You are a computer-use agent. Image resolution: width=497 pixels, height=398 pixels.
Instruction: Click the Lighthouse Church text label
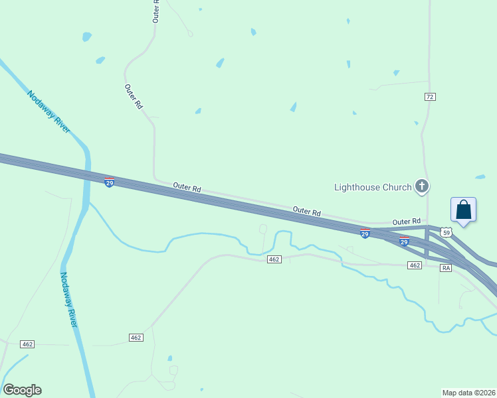[x=373, y=187]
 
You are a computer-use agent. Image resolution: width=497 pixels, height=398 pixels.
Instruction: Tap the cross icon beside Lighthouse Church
[x=421, y=187]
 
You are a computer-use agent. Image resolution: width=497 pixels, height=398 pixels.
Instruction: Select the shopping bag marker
[x=463, y=210]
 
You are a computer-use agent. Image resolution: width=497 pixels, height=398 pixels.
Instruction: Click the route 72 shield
[x=430, y=97]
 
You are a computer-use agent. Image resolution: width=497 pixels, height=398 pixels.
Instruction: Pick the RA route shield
[x=446, y=268]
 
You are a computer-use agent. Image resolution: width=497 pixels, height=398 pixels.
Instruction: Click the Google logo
[x=23, y=390]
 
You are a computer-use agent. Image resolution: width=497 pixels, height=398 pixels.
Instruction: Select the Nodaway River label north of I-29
[x=49, y=111]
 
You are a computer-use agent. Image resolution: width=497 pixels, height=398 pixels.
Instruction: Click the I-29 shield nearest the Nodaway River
[x=110, y=182]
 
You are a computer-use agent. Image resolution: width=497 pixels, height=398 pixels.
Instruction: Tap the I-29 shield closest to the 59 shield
[x=404, y=240]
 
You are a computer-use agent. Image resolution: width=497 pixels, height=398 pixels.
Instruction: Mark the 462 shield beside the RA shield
[x=415, y=265]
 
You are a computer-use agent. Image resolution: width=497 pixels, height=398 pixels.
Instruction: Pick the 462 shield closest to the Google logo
[x=27, y=344]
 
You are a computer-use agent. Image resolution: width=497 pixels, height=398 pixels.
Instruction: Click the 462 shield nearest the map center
[x=274, y=259]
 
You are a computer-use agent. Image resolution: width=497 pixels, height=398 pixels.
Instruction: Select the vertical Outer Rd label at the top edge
[x=156, y=11]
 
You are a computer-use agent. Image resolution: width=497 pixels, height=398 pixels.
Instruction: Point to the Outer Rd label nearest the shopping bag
[x=406, y=222]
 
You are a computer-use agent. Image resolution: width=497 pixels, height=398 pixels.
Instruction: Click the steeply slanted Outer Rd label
[x=134, y=96]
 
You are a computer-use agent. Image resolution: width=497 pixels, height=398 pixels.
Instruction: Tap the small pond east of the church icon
[x=480, y=177]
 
